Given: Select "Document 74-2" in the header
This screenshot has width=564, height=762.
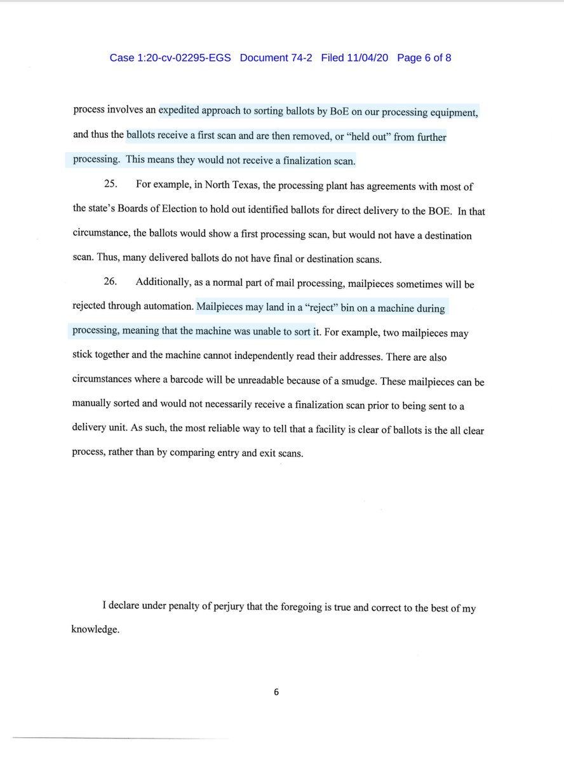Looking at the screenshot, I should pos(276,58).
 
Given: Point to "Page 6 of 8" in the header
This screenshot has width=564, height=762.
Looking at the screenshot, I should pos(424,58).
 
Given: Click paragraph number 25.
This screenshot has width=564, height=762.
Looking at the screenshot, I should pos(111,186).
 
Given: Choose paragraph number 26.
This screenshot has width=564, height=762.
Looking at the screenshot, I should pos(111,284).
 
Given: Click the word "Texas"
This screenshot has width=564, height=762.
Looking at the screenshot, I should pos(238,186).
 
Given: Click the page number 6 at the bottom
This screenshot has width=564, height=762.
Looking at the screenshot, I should pos(276,692).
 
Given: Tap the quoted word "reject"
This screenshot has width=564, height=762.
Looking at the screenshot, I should pos(286,309).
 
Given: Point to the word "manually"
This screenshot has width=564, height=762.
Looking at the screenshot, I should pos(91,407).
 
